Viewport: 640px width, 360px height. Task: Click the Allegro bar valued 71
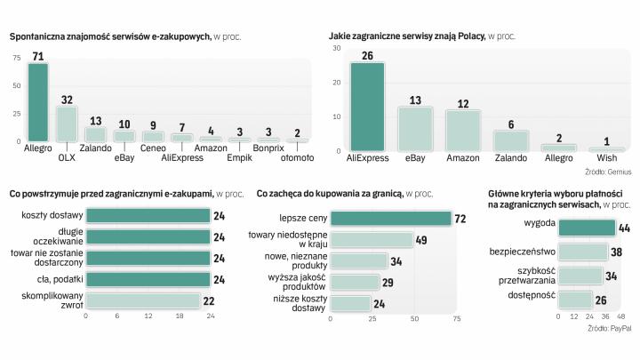tap(37, 101)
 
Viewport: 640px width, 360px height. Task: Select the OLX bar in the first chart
tap(66, 124)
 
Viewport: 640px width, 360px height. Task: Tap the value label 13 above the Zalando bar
tap(95, 121)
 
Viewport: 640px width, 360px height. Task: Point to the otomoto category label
tap(297, 158)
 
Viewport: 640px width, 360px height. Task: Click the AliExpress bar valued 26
tap(367, 107)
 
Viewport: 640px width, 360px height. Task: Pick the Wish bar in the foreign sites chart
tap(607, 149)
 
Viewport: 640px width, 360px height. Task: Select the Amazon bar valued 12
tap(463, 131)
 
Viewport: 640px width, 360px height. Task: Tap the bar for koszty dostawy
tap(148, 215)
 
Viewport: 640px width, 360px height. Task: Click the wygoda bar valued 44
tap(587, 228)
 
